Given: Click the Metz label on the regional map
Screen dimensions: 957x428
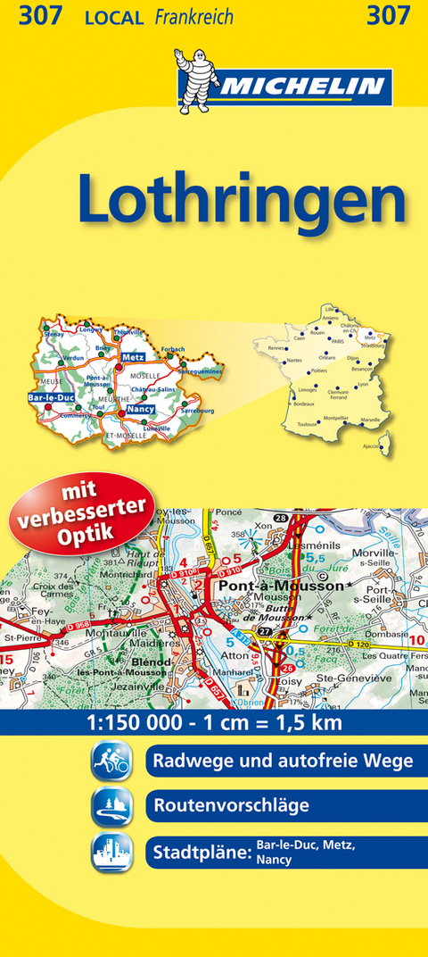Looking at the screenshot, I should (132, 356).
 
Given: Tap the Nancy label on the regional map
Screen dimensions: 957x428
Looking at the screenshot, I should (138, 409).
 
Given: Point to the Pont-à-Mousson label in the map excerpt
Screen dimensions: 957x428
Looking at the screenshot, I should (276, 587).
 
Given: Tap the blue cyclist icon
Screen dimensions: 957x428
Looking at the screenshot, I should (111, 761).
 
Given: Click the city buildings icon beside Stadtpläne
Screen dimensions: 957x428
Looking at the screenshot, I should (111, 851).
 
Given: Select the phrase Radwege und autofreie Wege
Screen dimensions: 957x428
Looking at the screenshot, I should (283, 761).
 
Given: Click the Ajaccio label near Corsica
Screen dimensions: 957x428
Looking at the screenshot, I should (370, 445).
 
